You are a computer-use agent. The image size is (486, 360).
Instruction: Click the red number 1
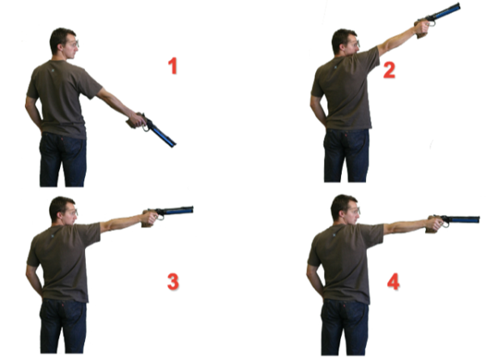(x=173, y=66)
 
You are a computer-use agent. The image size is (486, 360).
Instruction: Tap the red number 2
(x=389, y=70)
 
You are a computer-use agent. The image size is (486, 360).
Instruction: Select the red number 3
(x=173, y=281)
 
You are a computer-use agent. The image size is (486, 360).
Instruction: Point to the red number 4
(x=393, y=281)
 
